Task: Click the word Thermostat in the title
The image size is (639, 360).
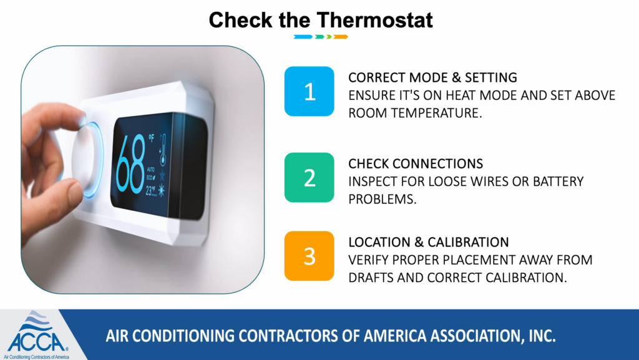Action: (374, 19)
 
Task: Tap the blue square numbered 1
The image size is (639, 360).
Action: (310, 91)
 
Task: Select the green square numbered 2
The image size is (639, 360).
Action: (310, 178)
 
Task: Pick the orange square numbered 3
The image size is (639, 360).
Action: (310, 256)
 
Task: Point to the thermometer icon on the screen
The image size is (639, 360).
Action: (163, 150)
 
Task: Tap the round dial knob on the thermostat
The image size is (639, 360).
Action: (87, 160)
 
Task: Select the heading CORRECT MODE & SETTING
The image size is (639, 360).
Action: (433, 77)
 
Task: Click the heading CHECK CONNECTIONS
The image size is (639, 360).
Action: (416, 163)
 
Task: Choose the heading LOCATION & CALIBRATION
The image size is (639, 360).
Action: (429, 242)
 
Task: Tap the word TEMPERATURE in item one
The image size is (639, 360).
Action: (436, 113)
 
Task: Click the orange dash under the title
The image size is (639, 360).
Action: (341, 37)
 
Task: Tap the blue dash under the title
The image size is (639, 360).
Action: (303, 37)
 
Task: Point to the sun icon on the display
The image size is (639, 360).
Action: (162, 190)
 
